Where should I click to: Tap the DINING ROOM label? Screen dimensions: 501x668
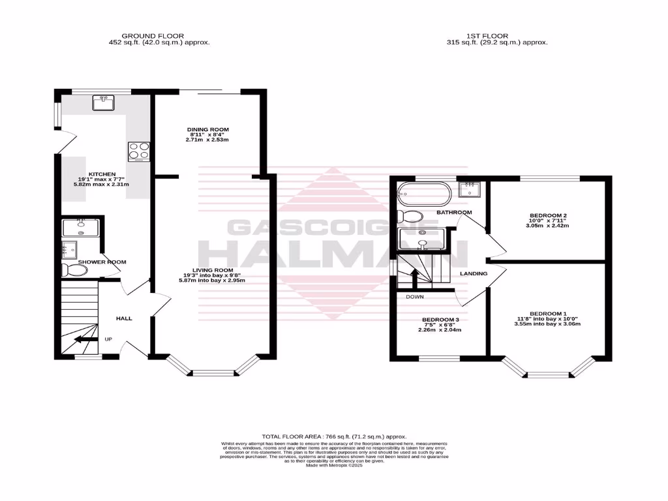(x=208, y=130)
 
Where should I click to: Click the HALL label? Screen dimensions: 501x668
(x=124, y=318)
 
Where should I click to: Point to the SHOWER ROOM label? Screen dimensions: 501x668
(x=102, y=262)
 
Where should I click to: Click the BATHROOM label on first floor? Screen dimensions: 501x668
(x=454, y=213)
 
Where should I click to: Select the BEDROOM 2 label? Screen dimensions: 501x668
(x=547, y=215)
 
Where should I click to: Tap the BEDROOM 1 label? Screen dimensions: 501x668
(x=547, y=312)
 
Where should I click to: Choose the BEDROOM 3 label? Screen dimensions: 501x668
(x=439, y=320)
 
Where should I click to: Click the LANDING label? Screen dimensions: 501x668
(x=473, y=273)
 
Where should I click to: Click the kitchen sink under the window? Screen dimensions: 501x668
(x=104, y=102)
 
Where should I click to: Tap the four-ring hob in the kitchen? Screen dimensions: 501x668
(x=139, y=151)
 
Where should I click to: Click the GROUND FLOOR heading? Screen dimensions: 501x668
(x=153, y=36)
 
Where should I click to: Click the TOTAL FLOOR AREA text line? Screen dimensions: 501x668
(x=333, y=436)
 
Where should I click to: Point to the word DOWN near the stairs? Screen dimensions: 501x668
(x=415, y=296)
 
